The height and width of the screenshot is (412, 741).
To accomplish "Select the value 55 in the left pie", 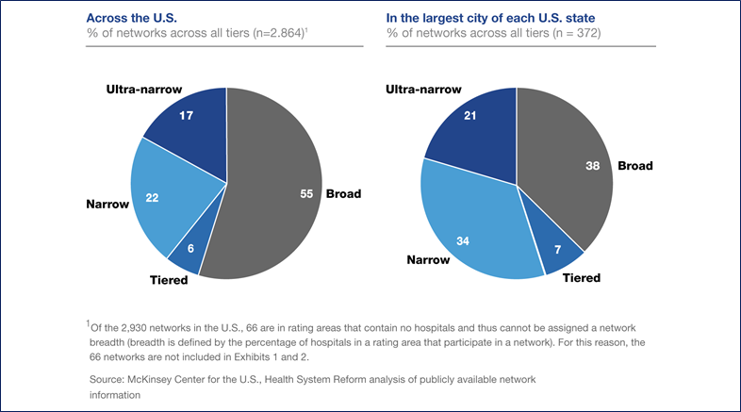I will [306, 193].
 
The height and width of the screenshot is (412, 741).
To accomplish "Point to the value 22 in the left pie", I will [151, 197].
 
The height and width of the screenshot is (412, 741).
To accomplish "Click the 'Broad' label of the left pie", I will [343, 194].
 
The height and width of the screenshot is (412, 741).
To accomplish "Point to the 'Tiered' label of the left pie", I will [168, 279].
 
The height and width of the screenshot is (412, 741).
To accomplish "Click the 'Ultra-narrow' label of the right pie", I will [423, 89].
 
